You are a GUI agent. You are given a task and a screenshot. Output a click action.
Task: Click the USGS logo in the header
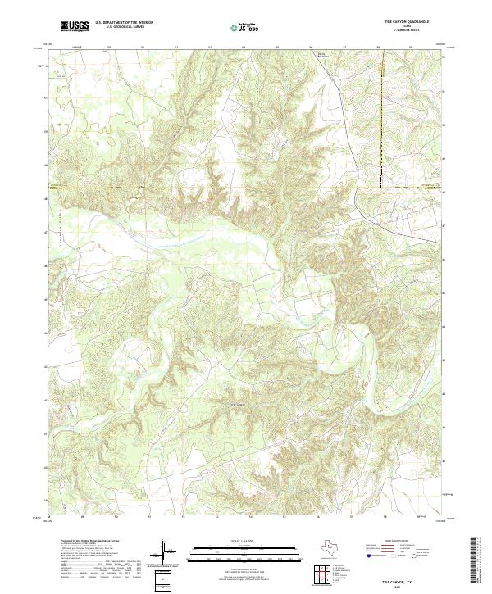(x=75, y=26)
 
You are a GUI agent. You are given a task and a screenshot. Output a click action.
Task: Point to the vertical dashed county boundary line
(x=385, y=123)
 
